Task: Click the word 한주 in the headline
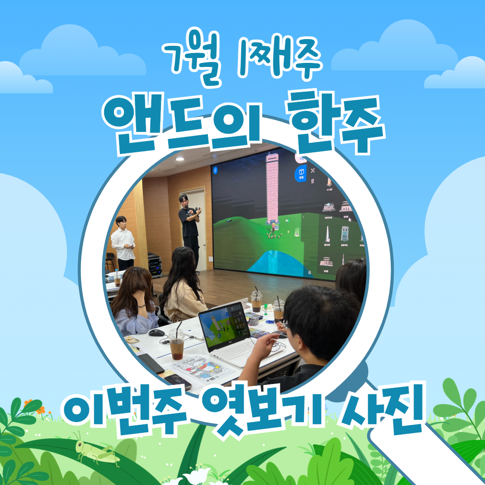[335, 122]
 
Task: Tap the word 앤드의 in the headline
[182, 124]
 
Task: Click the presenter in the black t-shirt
[190, 232]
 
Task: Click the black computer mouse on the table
[157, 333]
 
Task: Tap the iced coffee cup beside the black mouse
[176, 344]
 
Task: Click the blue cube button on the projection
[300, 173]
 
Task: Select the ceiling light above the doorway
[180, 159]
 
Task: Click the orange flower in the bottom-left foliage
[40, 410]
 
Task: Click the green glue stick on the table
[265, 309]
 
